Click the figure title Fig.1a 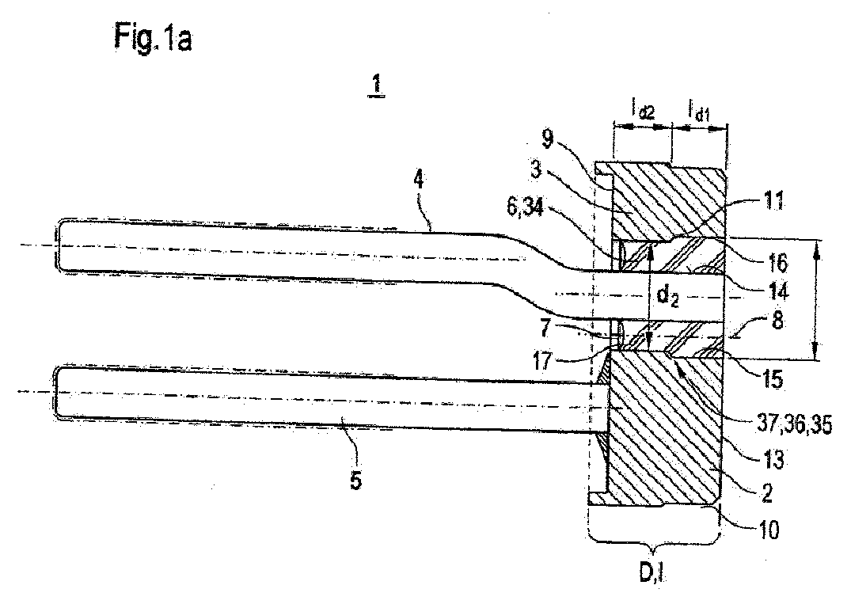(153, 39)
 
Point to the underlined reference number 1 (376, 85)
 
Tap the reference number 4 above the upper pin (420, 180)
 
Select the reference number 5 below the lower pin (356, 481)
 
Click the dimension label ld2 (643, 110)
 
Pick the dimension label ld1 (699, 110)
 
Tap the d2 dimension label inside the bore (667, 296)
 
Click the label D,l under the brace (652, 573)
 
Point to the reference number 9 (548, 139)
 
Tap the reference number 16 (777, 263)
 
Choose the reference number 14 (777, 291)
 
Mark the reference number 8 (777, 321)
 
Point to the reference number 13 (773, 460)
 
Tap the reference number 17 (542, 360)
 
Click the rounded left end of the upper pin (59, 245)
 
